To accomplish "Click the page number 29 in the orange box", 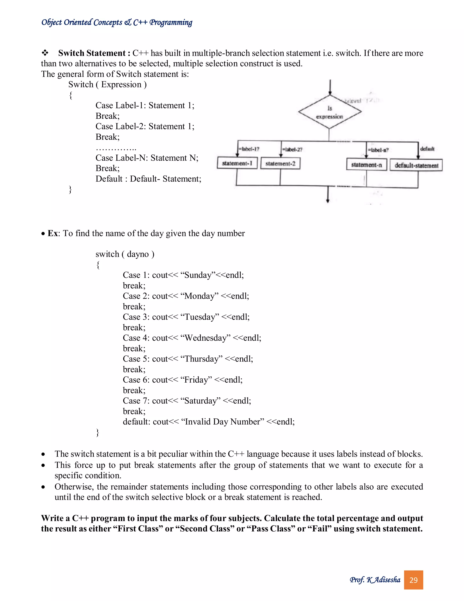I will click(x=413, y=580).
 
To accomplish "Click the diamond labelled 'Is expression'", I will click(x=330, y=112).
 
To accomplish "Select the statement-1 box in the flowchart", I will click(x=237, y=163).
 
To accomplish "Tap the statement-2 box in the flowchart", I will click(x=280, y=164).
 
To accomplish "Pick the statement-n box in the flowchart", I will click(x=366, y=165).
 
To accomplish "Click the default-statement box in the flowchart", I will click(x=416, y=165).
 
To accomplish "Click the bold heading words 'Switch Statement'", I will click(x=92, y=53).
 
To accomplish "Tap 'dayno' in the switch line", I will click(x=138, y=254).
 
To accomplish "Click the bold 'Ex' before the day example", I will click(x=53, y=233).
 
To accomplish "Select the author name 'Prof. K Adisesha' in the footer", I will click(x=375, y=580).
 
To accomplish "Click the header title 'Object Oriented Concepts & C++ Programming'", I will click(x=117, y=22).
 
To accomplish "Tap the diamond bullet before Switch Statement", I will click(x=45, y=53).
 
